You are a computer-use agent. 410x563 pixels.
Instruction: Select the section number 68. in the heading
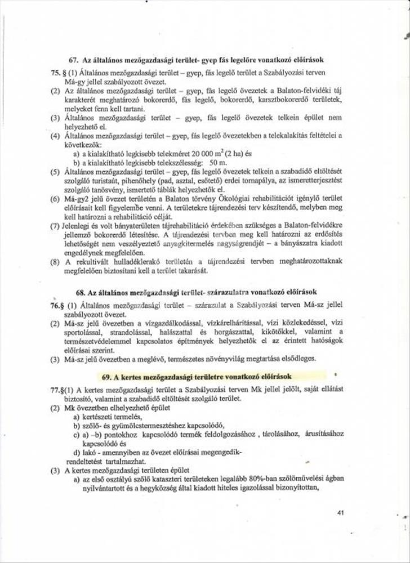(82, 293)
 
